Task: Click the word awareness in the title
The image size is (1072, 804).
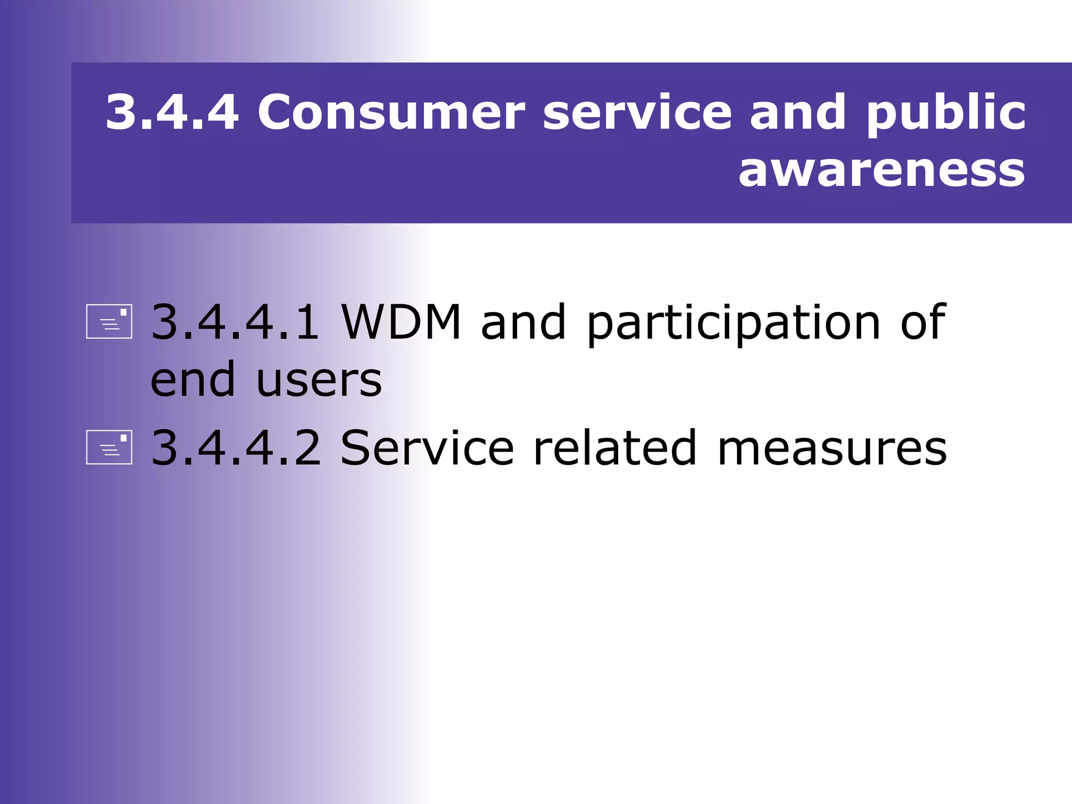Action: click(881, 170)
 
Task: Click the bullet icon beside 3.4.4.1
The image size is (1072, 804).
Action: click(109, 321)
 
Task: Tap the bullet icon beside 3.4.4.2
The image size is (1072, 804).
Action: click(109, 448)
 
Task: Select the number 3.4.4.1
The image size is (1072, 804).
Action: click(235, 321)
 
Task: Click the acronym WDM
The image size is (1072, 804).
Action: click(401, 321)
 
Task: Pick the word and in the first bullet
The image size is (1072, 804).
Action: click(523, 321)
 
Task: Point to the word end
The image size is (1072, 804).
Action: click(193, 379)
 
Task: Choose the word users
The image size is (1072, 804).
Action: click(319, 380)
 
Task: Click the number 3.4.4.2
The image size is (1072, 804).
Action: click(236, 448)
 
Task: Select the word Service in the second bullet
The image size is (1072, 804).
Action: click(427, 448)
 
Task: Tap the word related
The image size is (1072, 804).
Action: click(615, 448)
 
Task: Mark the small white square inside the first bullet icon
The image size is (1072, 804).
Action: click(124, 312)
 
